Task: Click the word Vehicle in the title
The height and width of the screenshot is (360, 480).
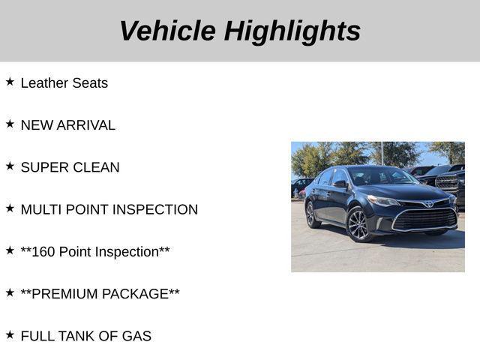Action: click(166, 31)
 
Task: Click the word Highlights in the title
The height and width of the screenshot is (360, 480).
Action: click(292, 31)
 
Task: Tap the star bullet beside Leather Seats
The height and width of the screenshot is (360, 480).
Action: click(10, 82)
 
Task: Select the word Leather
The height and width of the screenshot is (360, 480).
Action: click(43, 83)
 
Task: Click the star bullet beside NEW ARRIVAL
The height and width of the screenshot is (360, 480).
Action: click(10, 124)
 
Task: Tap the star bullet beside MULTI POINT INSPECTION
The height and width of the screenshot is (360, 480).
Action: click(10, 208)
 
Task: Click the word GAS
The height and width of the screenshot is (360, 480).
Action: click(136, 335)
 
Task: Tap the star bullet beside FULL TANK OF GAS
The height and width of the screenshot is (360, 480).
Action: click(10, 334)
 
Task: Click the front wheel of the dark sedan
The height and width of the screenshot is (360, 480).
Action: click(358, 224)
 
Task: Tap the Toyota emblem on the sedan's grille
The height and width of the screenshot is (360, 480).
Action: click(427, 203)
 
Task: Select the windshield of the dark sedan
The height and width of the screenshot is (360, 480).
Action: click(381, 177)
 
